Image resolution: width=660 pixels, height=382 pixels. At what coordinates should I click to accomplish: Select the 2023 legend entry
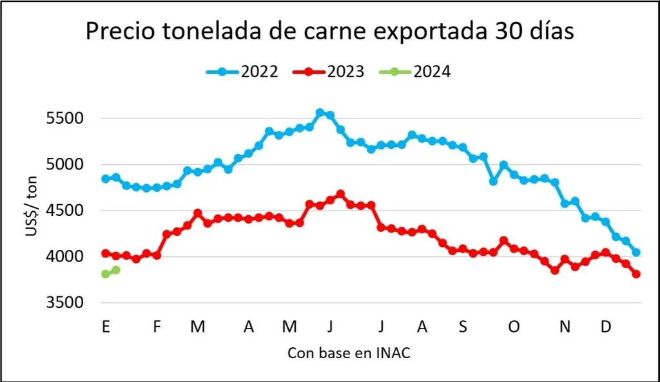tap(329, 72)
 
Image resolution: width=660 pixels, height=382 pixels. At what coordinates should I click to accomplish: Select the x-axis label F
tap(157, 327)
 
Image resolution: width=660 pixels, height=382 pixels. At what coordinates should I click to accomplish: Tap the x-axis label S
tap(463, 327)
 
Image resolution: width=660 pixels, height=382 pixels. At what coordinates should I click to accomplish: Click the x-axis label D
tap(606, 327)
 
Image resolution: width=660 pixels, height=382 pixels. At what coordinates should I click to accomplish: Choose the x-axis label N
tap(565, 327)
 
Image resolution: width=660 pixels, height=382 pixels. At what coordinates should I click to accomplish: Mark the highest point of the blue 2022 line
tap(320, 113)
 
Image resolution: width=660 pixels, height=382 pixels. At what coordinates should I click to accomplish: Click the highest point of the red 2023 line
tap(340, 194)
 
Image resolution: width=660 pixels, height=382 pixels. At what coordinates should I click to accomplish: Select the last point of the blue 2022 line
tap(636, 253)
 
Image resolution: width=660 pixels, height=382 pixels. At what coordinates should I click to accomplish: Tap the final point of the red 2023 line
tap(636, 274)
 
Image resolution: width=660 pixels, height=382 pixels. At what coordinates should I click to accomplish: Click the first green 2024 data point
tap(106, 274)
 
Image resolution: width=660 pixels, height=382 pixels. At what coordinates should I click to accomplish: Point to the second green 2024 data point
tap(116, 270)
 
